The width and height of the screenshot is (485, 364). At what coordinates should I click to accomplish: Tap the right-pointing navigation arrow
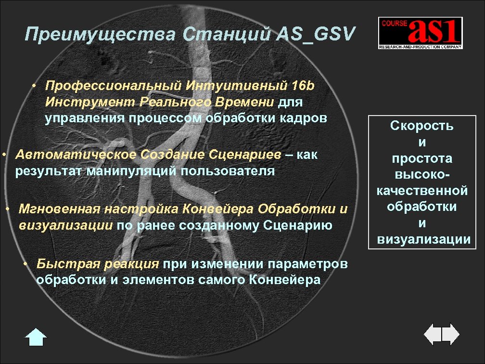tap(451, 333)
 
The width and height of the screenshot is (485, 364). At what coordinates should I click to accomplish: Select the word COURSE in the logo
tap(393, 23)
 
